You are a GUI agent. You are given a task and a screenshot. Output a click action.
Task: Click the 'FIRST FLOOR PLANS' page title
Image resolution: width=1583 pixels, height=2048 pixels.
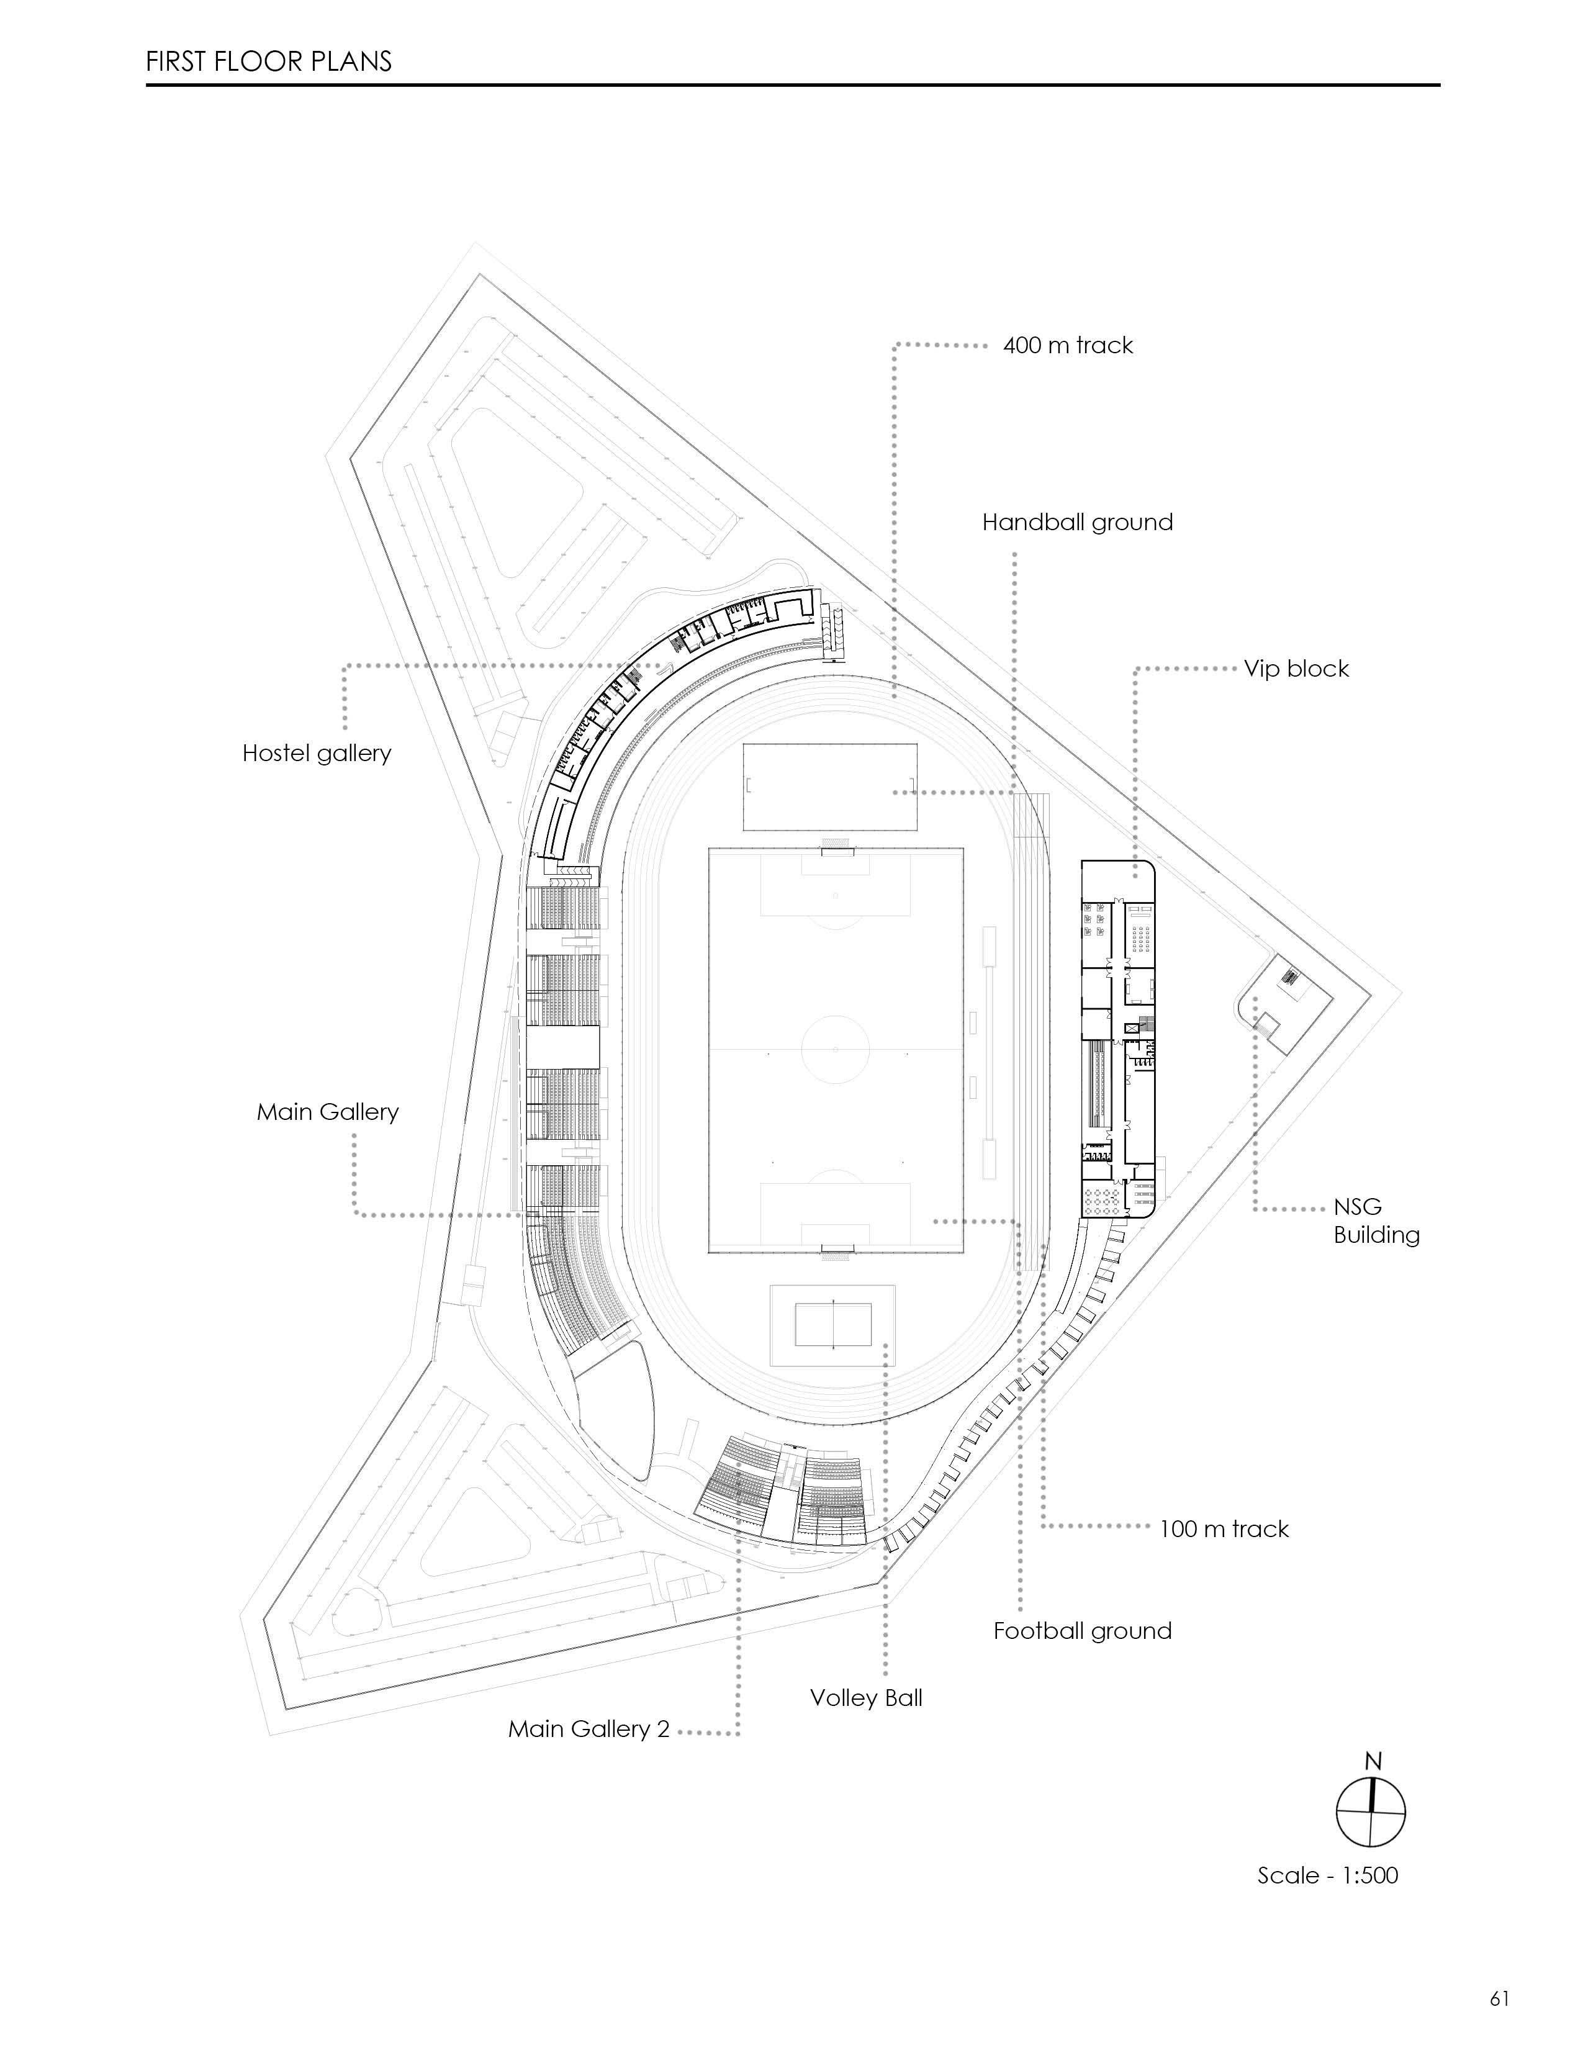(268, 62)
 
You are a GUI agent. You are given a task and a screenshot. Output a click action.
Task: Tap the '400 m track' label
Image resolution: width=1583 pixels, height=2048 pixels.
(1067, 345)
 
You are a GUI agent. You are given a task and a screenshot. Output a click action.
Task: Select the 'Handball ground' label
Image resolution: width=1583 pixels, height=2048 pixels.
(1076, 522)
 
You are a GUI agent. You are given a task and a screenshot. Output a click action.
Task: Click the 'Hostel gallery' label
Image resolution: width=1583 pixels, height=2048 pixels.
(316, 753)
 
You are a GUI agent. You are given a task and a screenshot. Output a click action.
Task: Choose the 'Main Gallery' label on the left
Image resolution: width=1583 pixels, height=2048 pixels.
(327, 1111)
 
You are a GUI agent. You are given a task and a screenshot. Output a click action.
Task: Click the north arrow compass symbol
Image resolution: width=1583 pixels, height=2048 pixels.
(1370, 1813)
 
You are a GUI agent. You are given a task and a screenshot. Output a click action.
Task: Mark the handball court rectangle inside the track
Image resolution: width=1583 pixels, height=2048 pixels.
(830, 786)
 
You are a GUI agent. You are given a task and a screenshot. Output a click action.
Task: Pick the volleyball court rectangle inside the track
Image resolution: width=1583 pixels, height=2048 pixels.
(832, 1325)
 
